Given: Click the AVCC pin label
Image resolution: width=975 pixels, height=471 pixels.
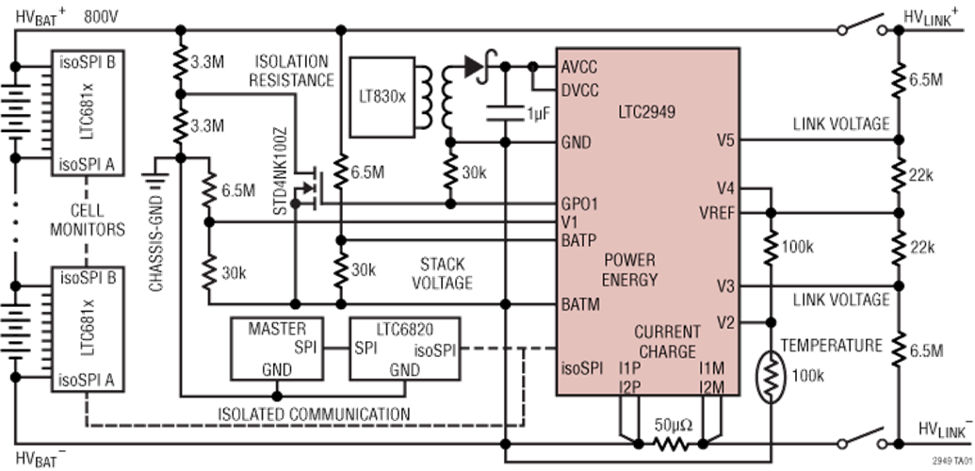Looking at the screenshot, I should [x=578, y=68].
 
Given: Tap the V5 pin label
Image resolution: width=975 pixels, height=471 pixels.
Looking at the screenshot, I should [x=724, y=142].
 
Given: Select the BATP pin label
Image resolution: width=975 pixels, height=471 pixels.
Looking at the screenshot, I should [x=579, y=239].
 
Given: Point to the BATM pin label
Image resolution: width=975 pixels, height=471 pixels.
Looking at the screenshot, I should [x=579, y=304].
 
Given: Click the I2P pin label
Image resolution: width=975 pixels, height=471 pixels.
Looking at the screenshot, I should [x=630, y=387].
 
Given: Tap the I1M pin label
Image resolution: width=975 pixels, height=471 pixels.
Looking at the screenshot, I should [x=710, y=370].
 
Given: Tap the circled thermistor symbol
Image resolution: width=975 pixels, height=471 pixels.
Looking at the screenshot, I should [x=772, y=374].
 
